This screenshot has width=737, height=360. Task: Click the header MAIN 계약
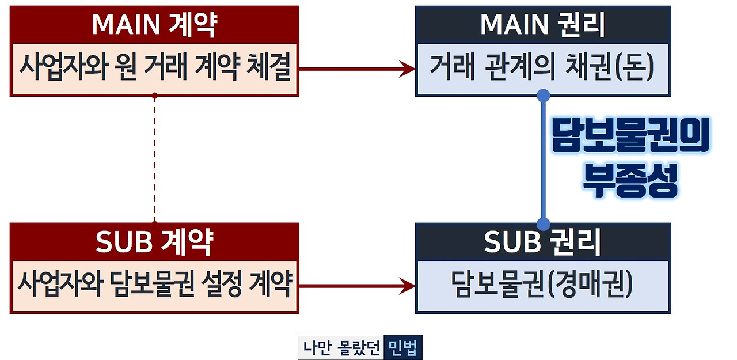point(154,25)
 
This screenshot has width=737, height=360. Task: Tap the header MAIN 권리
point(542,25)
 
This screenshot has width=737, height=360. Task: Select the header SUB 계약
point(154,242)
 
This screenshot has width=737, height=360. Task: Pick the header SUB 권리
point(542,242)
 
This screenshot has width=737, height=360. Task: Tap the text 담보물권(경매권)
point(542,286)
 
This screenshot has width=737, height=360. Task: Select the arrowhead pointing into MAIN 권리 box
point(409,69)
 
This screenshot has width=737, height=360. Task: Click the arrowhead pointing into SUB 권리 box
point(409,286)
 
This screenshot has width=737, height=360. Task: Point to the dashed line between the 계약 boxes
point(154,158)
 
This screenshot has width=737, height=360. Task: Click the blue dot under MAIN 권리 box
point(543,95)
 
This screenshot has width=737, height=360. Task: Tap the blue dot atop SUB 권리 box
point(543,223)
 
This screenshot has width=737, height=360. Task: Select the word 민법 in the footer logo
point(402,348)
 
